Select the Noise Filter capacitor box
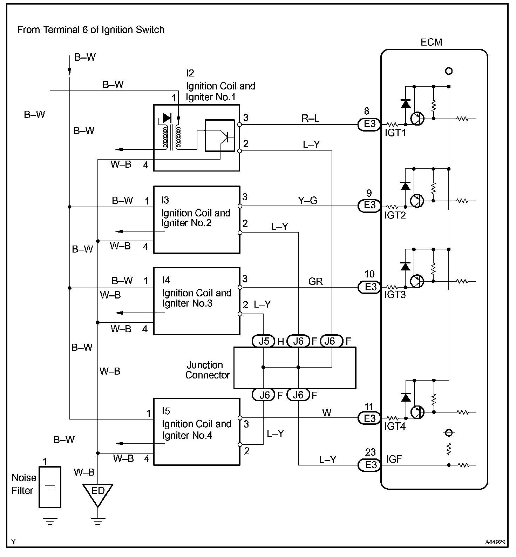pyautogui.click(x=50, y=487)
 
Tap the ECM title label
pyautogui.click(x=431, y=42)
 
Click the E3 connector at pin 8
pyautogui.click(x=369, y=124)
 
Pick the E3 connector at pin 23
pyautogui.click(x=369, y=465)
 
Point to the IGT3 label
pyautogui.click(x=395, y=295)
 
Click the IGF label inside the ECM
pyautogui.click(x=394, y=459)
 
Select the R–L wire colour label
pyautogui.click(x=311, y=119)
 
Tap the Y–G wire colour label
pyautogui.click(x=307, y=200)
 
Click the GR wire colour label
pyautogui.click(x=315, y=281)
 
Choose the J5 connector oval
pyautogui.click(x=264, y=341)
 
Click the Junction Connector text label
pyautogui.click(x=208, y=370)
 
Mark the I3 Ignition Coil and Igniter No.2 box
pyautogui.click(x=197, y=220)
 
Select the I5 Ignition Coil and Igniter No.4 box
pyautogui.click(x=197, y=431)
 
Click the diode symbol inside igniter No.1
pyautogui.click(x=167, y=118)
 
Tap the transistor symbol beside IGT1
pyautogui.click(x=417, y=119)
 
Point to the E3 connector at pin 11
pyautogui.click(x=369, y=418)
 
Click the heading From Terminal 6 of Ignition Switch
pyautogui.click(x=91, y=30)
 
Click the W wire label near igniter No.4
pyautogui.click(x=327, y=413)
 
